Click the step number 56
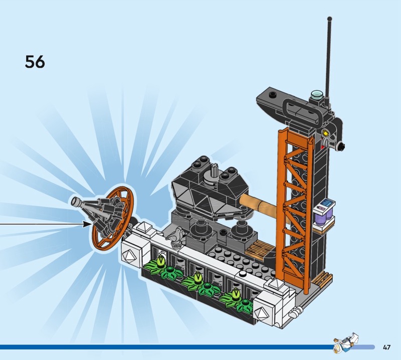pos(35,62)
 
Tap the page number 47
pos(386,347)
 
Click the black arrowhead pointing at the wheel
pos(87,224)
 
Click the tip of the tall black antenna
pos(329,19)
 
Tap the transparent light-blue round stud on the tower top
pos(316,94)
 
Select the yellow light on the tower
pos(326,133)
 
